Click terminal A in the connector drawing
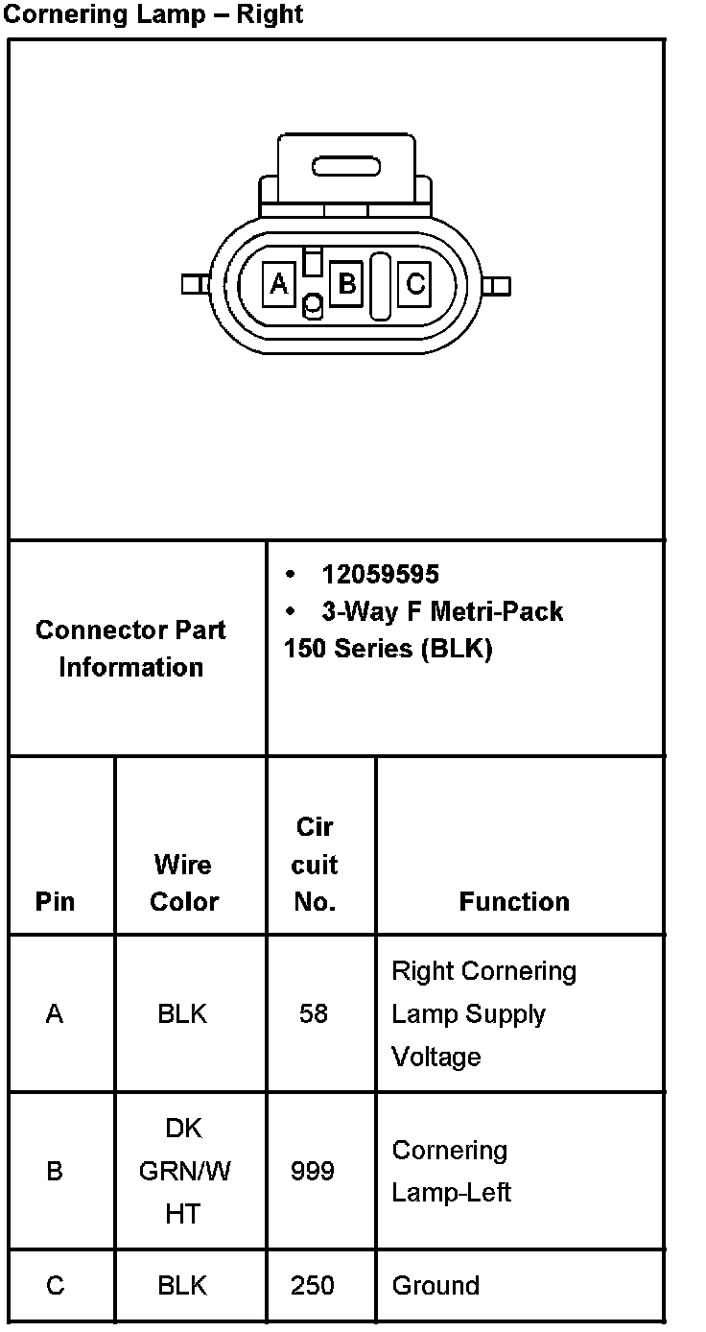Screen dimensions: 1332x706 click(x=279, y=284)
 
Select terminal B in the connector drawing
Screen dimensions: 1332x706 click(x=346, y=284)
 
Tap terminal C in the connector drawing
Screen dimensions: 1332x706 click(x=414, y=284)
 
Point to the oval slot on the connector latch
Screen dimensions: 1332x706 click(x=346, y=167)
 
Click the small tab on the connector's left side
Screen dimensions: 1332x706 click(x=195, y=284)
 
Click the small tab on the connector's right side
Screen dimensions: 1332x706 click(x=497, y=286)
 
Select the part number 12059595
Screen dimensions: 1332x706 click(x=380, y=574)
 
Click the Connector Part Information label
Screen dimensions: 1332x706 click(x=130, y=649)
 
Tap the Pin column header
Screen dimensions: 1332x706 click(x=55, y=902)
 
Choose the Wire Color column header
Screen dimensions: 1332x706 click(x=184, y=883)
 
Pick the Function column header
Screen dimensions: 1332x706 click(x=514, y=902)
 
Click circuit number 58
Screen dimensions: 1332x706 click(x=314, y=1013)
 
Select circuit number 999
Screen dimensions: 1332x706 click(x=313, y=1171)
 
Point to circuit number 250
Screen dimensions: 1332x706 click(x=314, y=1286)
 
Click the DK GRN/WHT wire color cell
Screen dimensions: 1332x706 click(x=184, y=1171)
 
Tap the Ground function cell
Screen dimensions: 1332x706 click(x=435, y=1286)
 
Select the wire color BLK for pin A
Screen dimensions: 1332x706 click(x=182, y=1013)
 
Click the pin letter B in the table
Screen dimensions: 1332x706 click(x=55, y=1171)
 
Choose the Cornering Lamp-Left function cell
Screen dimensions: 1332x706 click(x=452, y=1171)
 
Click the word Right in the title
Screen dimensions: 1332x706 click(x=272, y=14)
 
